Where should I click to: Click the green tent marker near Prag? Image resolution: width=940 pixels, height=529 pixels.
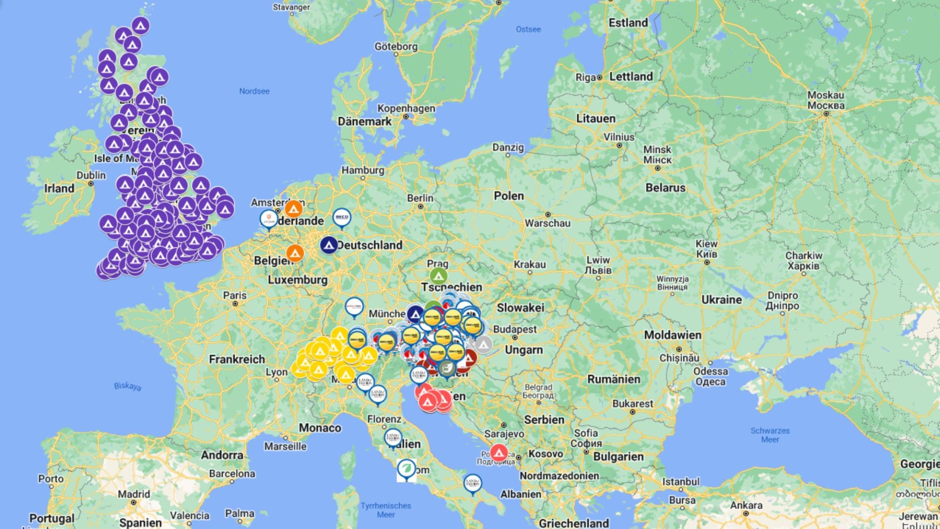click(439, 276)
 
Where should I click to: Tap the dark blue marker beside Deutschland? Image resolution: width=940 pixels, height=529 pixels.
click(329, 245)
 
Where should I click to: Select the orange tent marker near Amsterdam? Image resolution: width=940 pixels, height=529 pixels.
click(294, 209)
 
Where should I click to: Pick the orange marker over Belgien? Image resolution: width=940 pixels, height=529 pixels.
click(295, 253)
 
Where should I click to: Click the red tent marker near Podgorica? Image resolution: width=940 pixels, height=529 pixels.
click(499, 453)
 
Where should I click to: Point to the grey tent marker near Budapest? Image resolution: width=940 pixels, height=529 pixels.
click(483, 345)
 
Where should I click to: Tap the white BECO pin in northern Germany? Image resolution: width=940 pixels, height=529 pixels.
click(342, 218)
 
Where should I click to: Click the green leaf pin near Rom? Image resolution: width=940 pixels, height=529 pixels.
click(406, 469)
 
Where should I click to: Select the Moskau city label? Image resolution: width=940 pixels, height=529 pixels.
click(826, 95)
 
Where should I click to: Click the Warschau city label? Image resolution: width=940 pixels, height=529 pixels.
click(548, 223)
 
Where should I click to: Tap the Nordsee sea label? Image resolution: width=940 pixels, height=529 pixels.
click(254, 91)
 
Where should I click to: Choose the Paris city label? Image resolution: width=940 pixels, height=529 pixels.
click(235, 295)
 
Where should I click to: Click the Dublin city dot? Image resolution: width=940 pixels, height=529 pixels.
click(91, 183)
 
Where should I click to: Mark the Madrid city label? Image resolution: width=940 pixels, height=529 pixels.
click(134, 494)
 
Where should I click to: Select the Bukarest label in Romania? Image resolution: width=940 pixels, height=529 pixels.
click(633, 403)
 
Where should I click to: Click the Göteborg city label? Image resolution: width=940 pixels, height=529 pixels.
click(396, 47)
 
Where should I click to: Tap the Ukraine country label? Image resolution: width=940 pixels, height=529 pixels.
click(721, 300)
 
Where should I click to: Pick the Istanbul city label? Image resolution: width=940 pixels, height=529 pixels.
click(681, 482)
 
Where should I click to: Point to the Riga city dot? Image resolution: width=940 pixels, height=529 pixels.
click(599, 78)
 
